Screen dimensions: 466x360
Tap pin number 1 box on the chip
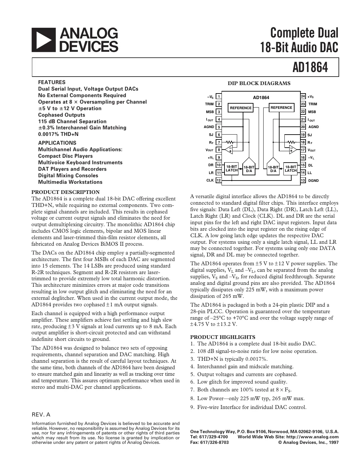[x=219, y=96]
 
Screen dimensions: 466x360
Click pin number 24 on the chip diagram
[x=303, y=96]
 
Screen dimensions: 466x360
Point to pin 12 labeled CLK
[x=219, y=180]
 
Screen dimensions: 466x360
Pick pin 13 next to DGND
[x=303, y=180]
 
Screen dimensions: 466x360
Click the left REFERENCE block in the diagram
[x=241, y=108]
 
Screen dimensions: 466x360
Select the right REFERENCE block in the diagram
[x=281, y=108]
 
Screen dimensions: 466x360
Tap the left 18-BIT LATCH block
[x=232, y=168]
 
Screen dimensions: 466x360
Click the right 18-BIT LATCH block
[x=291, y=168]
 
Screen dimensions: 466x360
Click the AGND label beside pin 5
[x=209, y=127]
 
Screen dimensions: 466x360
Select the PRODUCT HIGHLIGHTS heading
[x=223, y=337]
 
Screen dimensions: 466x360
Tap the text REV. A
[x=41, y=415]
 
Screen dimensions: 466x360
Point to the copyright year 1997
[x=333, y=442]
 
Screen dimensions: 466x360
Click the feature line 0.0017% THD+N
[x=58, y=134]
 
